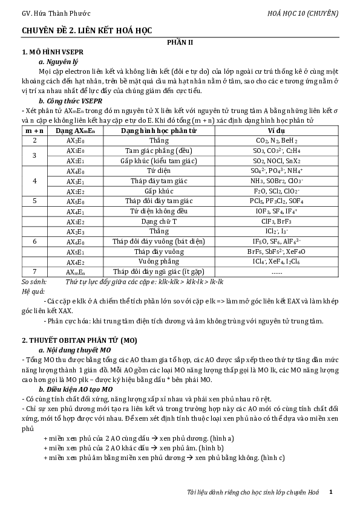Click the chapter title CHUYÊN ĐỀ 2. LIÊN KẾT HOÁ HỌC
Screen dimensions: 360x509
[87, 30]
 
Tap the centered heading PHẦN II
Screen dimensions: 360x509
[180, 42]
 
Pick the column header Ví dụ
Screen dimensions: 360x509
[277, 131]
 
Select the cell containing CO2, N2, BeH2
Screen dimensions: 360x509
[277, 140]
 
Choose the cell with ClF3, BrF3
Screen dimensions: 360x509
[277, 221]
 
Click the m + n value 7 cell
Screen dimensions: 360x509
[34, 271]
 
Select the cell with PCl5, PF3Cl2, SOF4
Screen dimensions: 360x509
[277, 201]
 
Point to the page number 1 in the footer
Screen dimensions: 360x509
[331, 493]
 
